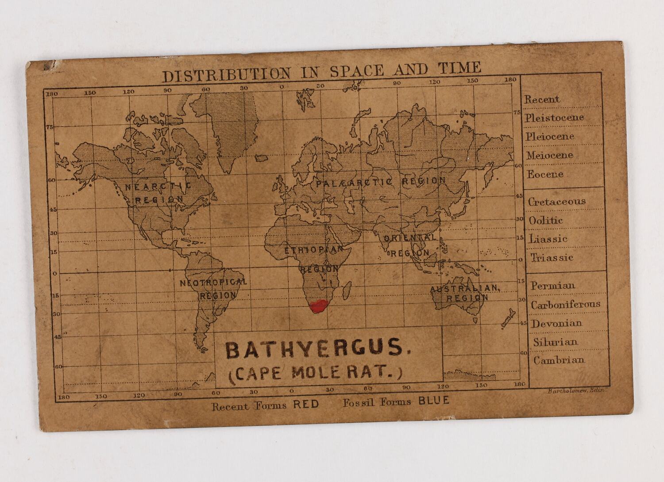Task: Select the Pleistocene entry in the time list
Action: (554, 118)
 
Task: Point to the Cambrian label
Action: (558, 360)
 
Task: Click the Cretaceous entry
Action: (556, 202)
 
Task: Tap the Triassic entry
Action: (552, 258)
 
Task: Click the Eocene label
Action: (544, 174)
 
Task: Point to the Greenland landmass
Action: (230, 128)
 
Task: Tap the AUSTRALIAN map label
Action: (465, 289)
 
